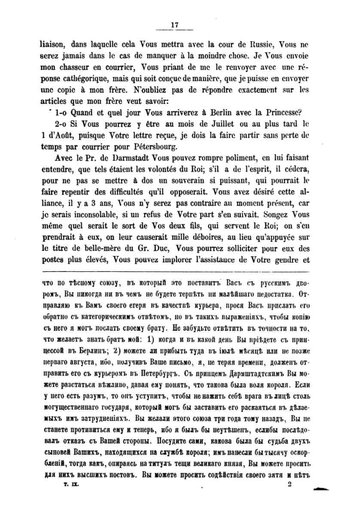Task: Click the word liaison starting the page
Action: (52, 44)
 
